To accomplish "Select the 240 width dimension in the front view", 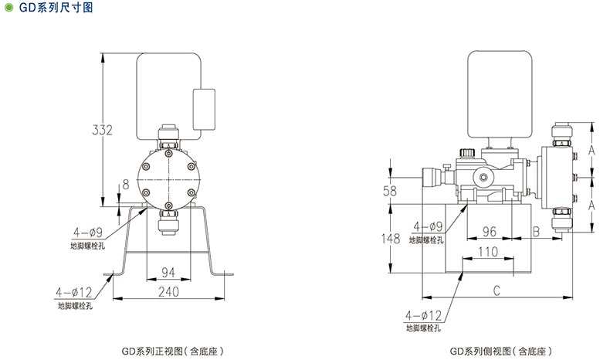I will (169, 291).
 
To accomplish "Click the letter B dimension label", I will (536, 231).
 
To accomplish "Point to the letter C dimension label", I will (497, 290).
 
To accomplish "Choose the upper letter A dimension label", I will (589, 151).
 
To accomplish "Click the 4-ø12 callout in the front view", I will (73, 292).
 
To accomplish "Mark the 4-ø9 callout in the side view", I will (428, 226).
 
